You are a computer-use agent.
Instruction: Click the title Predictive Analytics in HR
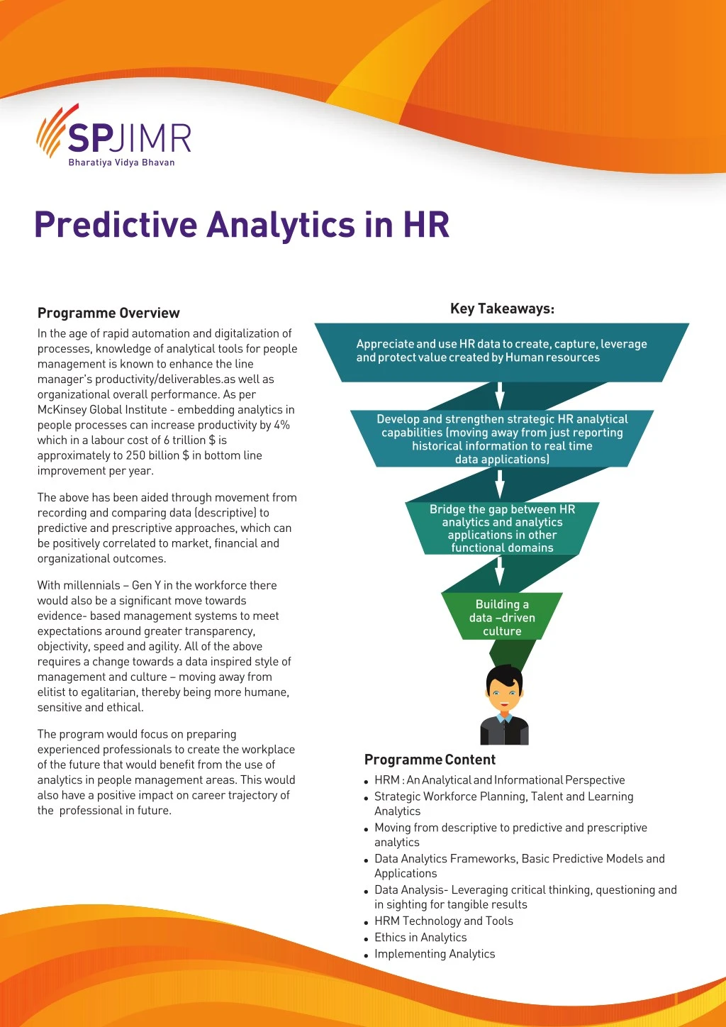(x=242, y=225)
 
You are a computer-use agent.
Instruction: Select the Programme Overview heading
(x=108, y=313)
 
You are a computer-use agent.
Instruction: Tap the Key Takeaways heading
(x=502, y=309)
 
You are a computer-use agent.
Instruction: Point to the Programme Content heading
(x=430, y=760)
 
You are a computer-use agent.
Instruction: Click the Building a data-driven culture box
(x=502, y=617)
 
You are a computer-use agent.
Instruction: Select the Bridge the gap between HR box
(x=502, y=528)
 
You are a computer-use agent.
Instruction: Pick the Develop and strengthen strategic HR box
(x=502, y=439)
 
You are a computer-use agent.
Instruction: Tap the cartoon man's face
(x=504, y=692)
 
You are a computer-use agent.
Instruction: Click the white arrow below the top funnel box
(x=500, y=396)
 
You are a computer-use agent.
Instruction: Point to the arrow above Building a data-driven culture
(x=500, y=571)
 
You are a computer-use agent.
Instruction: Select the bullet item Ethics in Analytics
(x=420, y=938)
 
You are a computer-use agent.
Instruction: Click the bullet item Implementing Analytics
(x=435, y=954)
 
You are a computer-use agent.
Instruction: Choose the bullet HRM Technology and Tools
(x=444, y=921)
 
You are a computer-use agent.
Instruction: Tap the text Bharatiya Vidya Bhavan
(x=121, y=162)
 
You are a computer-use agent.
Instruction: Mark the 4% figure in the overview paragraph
(x=281, y=425)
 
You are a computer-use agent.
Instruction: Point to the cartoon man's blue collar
(x=504, y=718)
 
